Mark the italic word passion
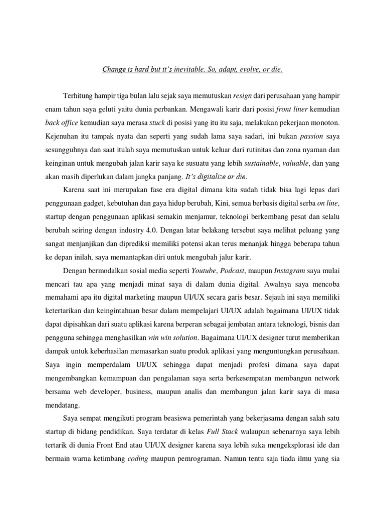[311, 136]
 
